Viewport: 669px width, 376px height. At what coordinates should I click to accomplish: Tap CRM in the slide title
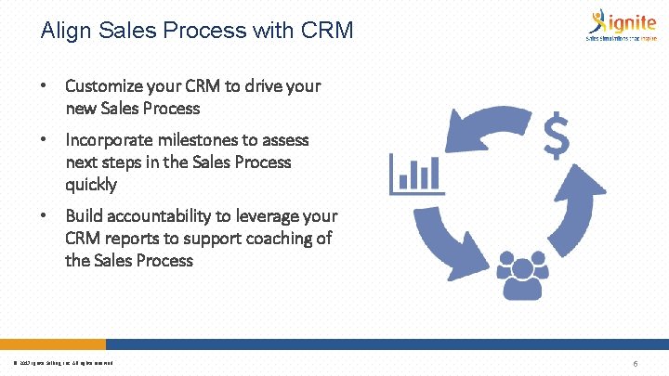click(x=328, y=31)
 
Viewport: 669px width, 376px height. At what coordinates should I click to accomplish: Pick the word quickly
click(x=91, y=185)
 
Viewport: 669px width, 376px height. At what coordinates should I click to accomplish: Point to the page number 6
click(x=634, y=363)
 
